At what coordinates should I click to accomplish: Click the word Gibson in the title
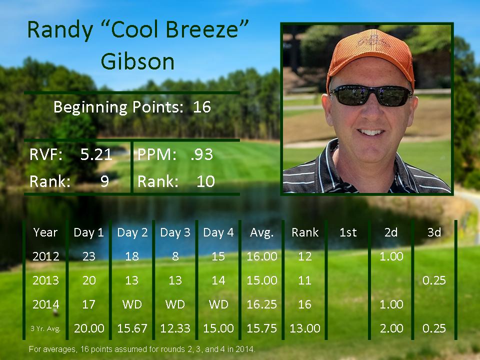(137, 61)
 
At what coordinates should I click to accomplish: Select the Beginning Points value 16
(202, 107)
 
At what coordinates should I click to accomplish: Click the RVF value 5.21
(96, 154)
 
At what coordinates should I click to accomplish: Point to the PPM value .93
(201, 154)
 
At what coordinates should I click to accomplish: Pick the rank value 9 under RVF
(104, 181)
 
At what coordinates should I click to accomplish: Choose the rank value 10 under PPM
(205, 181)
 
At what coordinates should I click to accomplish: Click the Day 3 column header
(175, 232)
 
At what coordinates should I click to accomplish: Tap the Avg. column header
(261, 232)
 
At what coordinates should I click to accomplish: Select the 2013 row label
(45, 280)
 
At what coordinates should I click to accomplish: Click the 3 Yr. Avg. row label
(45, 329)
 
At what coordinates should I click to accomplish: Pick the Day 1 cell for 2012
(89, 256)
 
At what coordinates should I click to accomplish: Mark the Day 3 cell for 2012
(175, 256)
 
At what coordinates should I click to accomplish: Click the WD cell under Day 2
(132, 304)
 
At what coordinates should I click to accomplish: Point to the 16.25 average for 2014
(261, 304)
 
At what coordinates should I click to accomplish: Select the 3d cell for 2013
(434, 280)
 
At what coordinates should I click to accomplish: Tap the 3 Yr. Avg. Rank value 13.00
(305, 328)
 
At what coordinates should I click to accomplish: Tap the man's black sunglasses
(371, 95)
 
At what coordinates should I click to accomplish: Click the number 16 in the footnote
(84, 349)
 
